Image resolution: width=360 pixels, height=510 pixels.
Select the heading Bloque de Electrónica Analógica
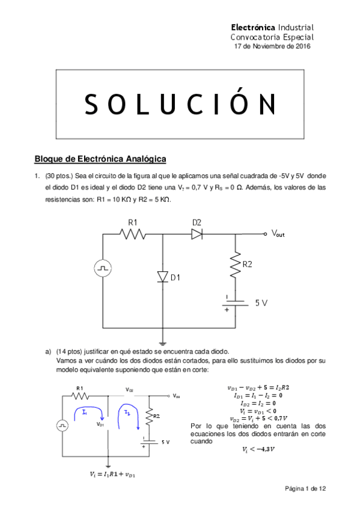(100, 159)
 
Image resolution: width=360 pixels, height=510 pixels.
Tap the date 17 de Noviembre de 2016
(272, 47)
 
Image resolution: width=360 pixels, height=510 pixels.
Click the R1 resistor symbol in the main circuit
(134, 234)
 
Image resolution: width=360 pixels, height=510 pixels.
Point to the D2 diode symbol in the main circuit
(197, 234)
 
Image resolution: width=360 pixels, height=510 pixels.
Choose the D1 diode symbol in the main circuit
(162, 276)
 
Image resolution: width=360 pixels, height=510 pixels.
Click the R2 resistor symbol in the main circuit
(234, 263)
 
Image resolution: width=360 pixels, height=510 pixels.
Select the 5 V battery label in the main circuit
(261, 303)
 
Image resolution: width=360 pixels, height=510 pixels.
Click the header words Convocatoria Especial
(273, 37)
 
